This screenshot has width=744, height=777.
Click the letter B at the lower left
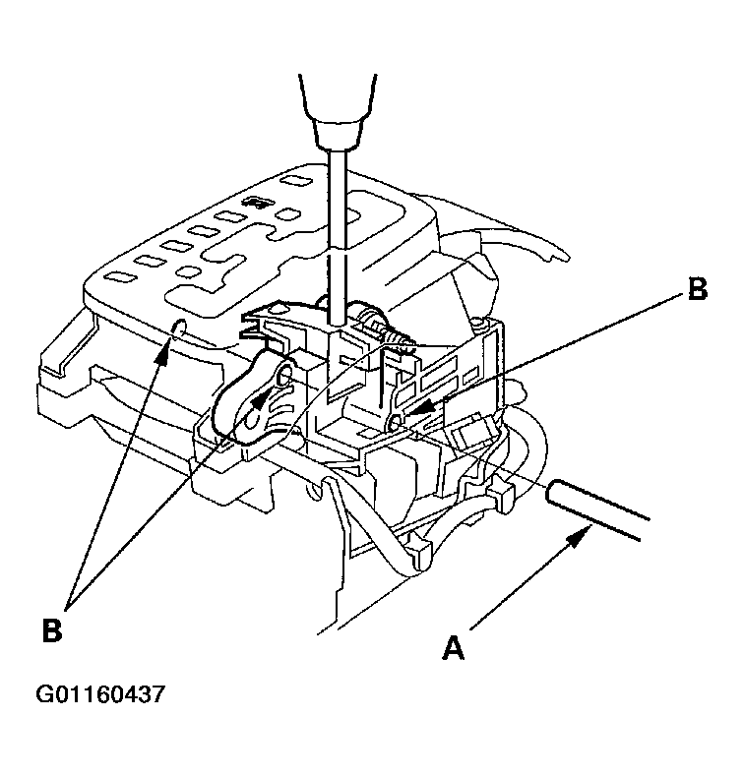[52, 629]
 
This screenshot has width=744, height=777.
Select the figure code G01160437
[100, 695]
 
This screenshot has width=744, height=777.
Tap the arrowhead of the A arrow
[587, 530]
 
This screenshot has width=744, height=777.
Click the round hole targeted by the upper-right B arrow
[396, 420]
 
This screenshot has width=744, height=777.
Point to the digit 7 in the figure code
[156, 695]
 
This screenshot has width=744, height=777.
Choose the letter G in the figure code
[45, 695]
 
